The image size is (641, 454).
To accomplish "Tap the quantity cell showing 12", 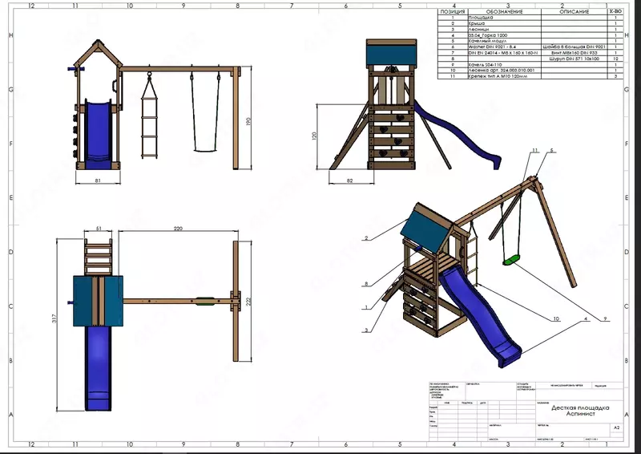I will coord(615,59).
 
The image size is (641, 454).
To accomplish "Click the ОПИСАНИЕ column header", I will coord(570,12).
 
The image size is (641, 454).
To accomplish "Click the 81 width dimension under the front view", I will coord(97,181).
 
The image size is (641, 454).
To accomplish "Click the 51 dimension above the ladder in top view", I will coord(99,229).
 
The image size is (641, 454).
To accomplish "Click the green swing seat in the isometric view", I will coord(510,260).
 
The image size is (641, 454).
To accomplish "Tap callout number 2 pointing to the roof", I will coord(365,238).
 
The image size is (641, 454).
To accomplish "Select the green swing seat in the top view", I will coord(204,302).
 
